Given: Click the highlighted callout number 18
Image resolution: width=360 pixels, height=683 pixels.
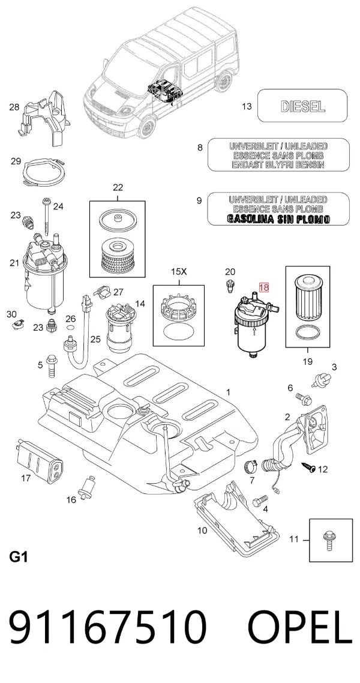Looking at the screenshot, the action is pos(264,287).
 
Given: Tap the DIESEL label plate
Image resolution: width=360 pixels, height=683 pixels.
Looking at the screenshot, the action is pos(302,106).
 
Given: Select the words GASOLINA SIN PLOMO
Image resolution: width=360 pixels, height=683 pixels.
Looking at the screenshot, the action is pos(278,219).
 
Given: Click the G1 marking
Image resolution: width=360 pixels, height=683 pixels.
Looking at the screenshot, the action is pos(18,557).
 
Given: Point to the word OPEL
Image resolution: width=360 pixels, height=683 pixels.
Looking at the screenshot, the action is pos(300,628).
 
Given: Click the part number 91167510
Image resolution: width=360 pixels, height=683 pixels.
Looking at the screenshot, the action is pos(107,628).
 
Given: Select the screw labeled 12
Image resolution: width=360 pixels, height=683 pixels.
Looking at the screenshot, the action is pos(310,468).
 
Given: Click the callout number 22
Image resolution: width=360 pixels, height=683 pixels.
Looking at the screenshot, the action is pos(118,188).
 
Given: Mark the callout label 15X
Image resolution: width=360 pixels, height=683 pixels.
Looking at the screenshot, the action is pos(178,272).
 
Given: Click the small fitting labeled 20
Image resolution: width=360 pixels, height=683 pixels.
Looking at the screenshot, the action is pos(230,287).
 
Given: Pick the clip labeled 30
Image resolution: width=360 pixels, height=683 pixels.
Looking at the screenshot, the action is pos(17,323).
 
